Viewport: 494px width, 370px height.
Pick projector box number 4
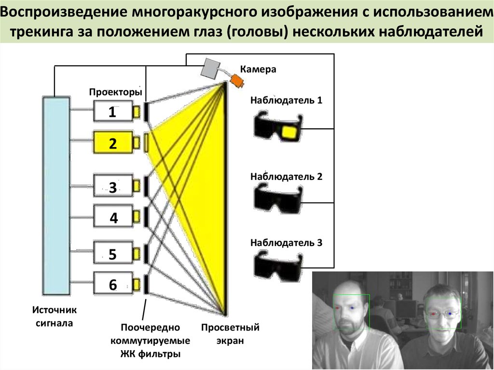click(x=113, y=218)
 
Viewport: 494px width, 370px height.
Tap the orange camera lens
click(x=237, y=80)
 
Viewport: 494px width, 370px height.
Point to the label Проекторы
click(x=115, y=92)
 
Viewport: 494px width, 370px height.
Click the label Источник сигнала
click(x=55, y=316)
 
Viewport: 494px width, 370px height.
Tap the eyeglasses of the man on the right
click(x=442, y=314)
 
